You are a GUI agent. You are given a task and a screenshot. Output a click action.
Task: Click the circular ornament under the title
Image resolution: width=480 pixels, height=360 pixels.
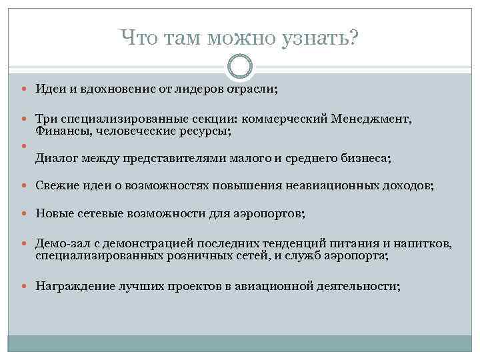pos(240,67)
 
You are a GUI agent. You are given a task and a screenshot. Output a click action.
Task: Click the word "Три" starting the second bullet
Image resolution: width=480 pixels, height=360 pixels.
pos(45,119)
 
